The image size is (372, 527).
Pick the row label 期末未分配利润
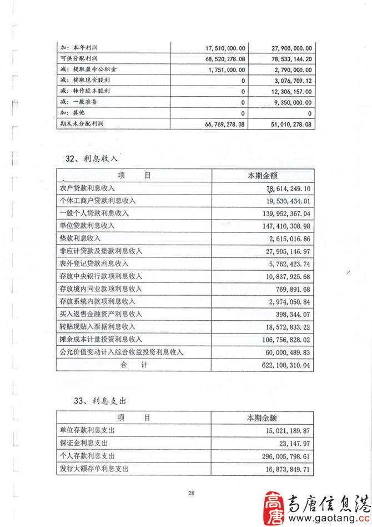(x=82, y=124)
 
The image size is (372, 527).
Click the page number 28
(x=191, y=493)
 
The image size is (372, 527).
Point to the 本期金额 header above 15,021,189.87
(x=262, y=417)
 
